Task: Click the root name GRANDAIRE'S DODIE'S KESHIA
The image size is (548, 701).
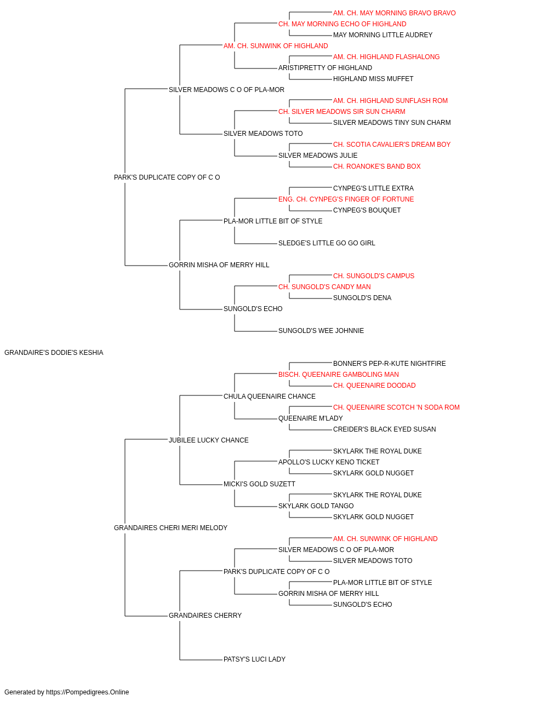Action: pyautogui.click(x=54, y=353)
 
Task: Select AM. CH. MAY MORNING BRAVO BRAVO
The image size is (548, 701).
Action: pyautogui.click(x=394, y=13)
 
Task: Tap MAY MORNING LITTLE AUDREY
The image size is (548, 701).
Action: pyautogui.click(x=383, y=35)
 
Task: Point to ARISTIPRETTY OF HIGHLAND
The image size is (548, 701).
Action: pyautogui.click(x=325, y=68)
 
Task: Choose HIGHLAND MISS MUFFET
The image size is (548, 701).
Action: pyautogui.click(x=373, y=79)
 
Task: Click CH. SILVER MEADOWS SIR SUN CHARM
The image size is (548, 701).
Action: pyautogui.click(x=341, y=112)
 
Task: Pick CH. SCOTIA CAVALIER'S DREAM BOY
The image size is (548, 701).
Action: pyautogui.click(x=391, y=145)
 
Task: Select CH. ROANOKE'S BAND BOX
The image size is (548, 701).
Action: pyautogui.click(x=376, y=166)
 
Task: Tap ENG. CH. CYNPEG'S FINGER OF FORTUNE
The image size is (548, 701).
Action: pyautogui.click(x=346, y=199)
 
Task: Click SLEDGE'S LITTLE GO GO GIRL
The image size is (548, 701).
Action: pyautogui.click(x=327, y=243)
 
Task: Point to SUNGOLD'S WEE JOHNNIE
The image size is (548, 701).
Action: pyautogui.click(x=321, y=331)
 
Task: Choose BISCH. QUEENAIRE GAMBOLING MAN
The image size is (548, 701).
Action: pyautogui.click(x=338, y=375)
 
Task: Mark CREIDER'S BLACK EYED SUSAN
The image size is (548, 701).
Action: pyautogui.click(x=384, y=429)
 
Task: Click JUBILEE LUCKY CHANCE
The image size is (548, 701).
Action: pyautogui.click(x=208, y=440)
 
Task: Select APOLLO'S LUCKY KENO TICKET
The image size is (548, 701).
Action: pyautogui.click(x=329, y=462)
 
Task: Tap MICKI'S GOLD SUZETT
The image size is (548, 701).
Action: pyautogui.click(x=259, y=484)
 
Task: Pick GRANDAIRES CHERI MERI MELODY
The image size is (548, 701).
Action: pyautogui.click(x=170, y=528)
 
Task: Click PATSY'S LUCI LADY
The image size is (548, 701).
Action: pyautogui.click(x=254, y=659)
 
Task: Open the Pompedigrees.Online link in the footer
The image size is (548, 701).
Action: pyautogui.click(x=87, y=692)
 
